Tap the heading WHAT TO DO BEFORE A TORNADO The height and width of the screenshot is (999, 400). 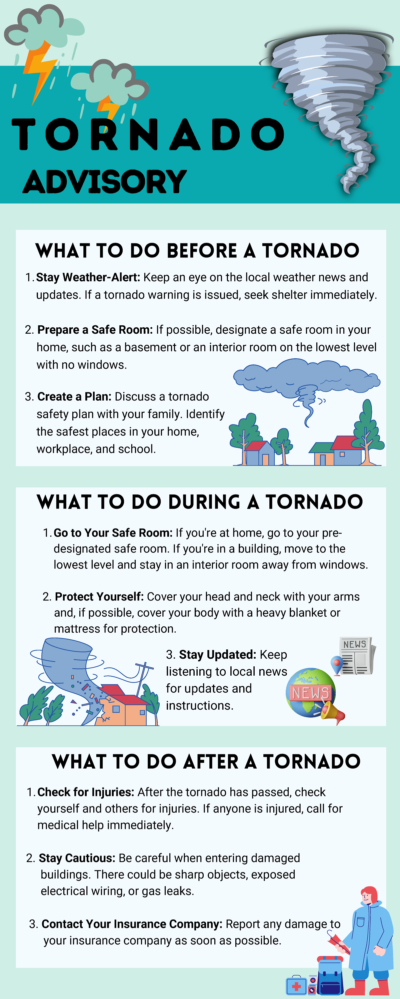click(x=197, y=250)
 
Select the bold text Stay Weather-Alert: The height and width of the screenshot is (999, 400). click(x=88, y=277)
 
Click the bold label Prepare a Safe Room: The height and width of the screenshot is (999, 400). click(x=95, y=330)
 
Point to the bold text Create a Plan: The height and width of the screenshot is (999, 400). click(x=74, y=396)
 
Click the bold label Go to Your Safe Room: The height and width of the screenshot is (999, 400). click(x=113, y=533)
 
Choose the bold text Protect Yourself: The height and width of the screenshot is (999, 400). click(x=99, y=596)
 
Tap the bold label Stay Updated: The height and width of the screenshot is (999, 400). click(x=217, y=655)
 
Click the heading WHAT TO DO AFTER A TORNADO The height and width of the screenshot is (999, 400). click(x=206, y=762)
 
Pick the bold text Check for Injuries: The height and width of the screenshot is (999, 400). click(x=86, y=792)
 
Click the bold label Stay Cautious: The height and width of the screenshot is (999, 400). click(x=77, y=858)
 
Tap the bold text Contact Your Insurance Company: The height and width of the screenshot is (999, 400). click(x=132, y=924)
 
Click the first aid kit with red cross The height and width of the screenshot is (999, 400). click(x=296, y=985)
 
